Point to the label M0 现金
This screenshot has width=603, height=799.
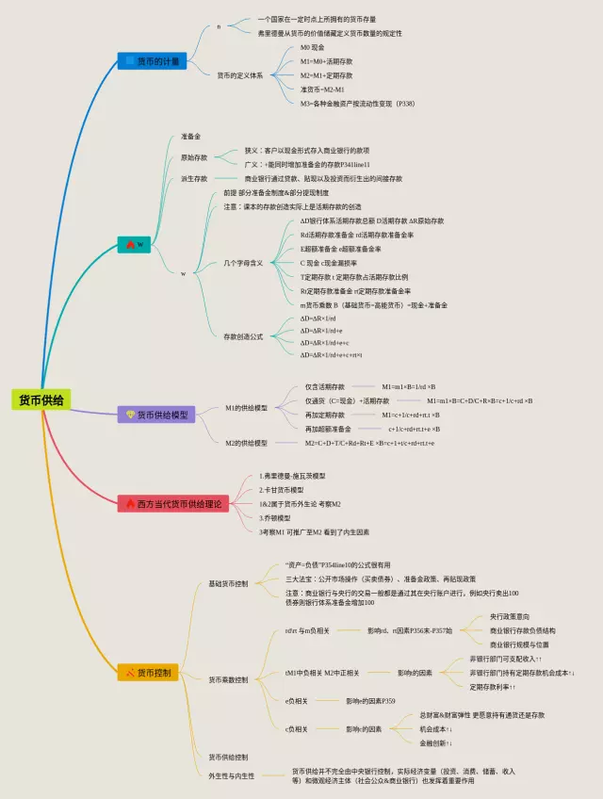(312, 47)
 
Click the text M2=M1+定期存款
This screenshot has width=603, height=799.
(326, 75)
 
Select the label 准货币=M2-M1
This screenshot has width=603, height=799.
(320, 90)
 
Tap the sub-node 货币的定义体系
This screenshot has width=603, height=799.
(239, 75)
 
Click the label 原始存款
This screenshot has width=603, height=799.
(194, 157)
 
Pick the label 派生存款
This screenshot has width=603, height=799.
(194, 178)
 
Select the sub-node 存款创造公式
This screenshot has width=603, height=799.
(243, 336)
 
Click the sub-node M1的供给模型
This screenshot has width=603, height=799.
(246, 408)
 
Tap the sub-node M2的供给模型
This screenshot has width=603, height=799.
(246, 443)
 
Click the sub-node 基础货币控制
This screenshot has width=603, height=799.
(229, 584)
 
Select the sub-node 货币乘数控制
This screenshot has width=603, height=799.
(229, 679)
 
